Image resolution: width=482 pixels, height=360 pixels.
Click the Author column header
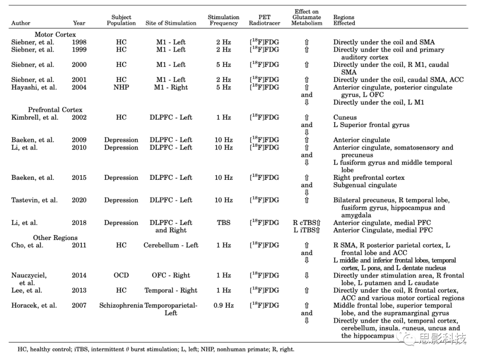[21, 23]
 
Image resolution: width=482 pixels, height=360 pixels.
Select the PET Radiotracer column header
[264, 20]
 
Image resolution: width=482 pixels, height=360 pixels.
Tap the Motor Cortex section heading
[55, 34]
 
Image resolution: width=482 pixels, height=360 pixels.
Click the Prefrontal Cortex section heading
[55, 110]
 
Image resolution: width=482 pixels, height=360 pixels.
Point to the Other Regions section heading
[55, 238]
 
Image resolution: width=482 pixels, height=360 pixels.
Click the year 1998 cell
[79, 42]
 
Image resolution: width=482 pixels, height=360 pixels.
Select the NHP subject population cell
[121, 87]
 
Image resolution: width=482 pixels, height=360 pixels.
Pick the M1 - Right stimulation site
[171, 87]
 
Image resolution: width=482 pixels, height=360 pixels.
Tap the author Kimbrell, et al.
[35, 117]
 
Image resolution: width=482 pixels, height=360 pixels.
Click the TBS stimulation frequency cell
[224, 223]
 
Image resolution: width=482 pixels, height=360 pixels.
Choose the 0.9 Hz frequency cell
[224, 306]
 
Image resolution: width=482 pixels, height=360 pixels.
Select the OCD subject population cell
[121, 275]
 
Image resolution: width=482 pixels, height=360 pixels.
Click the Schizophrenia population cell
[121, 306]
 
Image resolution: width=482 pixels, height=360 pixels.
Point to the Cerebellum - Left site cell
[171, 245]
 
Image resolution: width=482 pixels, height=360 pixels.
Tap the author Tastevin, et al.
[34, 200]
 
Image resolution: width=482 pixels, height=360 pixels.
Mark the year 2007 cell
[79, 306]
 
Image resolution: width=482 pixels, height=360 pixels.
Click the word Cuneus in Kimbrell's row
[345, 118]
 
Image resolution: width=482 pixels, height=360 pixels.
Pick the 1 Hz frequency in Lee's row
[224, 290]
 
